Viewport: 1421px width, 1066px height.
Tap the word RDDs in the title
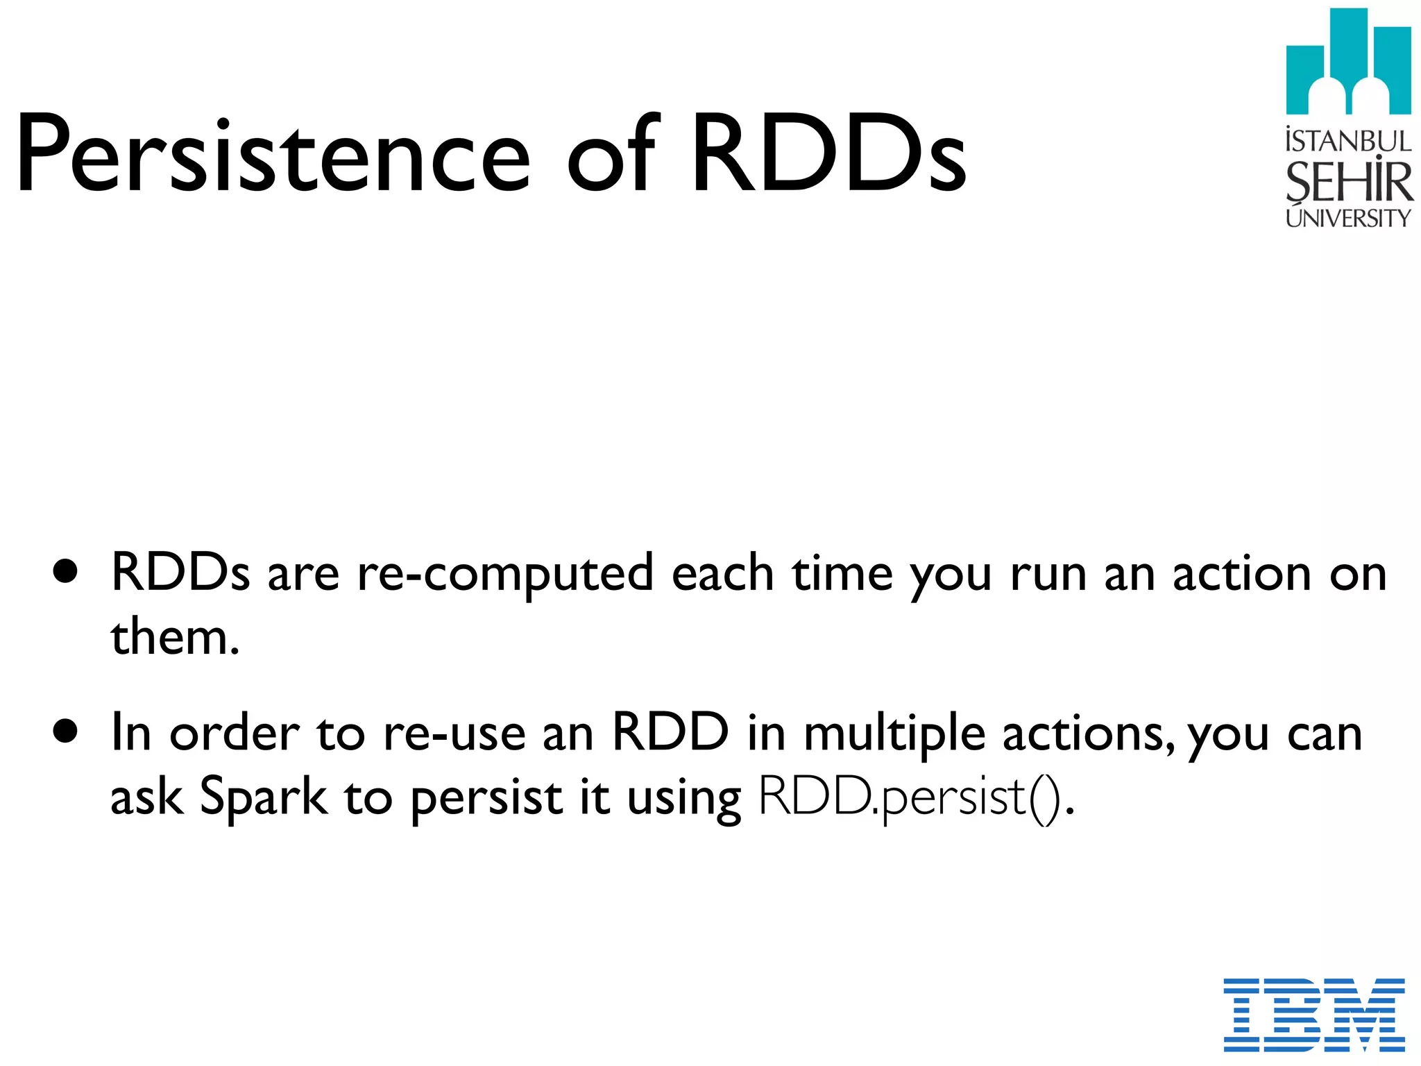[x=828, y=154]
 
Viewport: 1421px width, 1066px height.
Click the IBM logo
[x=1314, y=1015]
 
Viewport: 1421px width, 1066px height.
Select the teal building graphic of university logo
[x=1348, y=62]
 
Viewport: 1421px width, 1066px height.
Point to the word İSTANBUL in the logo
[x=1348, y=141]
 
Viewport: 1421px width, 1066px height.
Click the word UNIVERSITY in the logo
[x=1348, y=218]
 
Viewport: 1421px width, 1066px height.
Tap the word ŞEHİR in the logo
[x=1348, y=182]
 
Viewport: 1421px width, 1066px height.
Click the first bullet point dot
[x=65, y=572]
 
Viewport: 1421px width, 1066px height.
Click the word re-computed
[x=505, y=575]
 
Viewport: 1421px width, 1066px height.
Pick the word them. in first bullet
[x=175, y=637]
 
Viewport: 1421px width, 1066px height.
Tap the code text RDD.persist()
[x=916, y=797]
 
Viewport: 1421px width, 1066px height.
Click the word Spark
[x=263, y=797]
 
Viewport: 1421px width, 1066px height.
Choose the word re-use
[x=454, y=734]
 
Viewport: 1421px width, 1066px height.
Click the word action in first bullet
[x=1241, y=575]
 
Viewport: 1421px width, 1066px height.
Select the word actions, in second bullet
[x=1089, y=734]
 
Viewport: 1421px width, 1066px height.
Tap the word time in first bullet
[x=842, y=575]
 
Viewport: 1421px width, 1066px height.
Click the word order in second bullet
[x=235, y=734]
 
